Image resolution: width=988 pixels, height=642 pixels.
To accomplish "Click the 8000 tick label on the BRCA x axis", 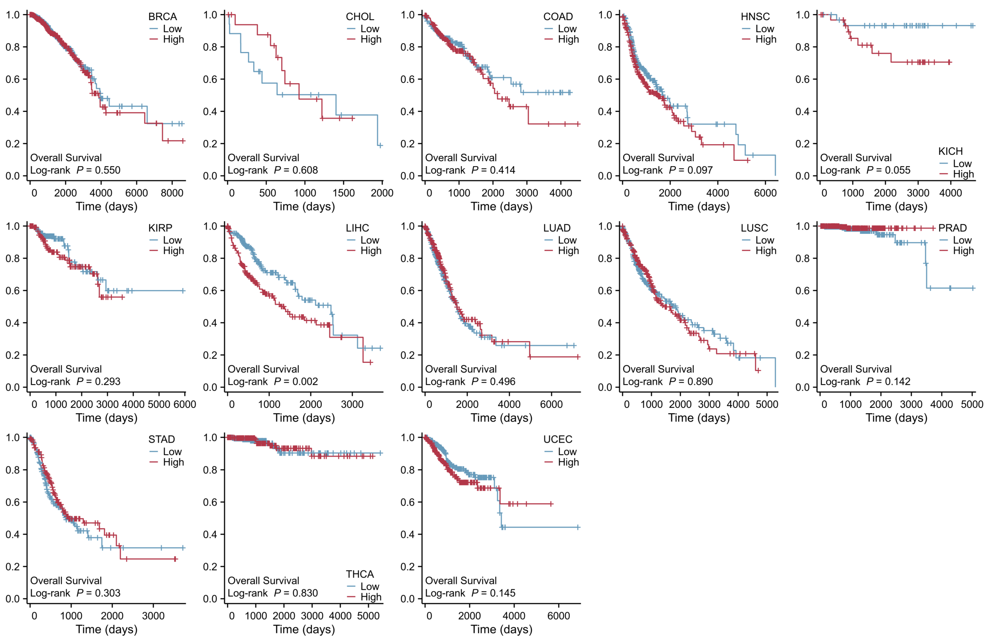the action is pos(172,193).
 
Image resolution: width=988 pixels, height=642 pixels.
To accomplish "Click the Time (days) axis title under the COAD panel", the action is pos(501,207).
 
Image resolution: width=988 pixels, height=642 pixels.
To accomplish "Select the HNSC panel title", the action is pos(755,17).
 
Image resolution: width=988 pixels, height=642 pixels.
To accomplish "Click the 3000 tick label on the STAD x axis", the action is pos(153,616).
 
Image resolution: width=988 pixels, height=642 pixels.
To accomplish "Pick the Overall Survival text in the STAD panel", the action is pos(66,580).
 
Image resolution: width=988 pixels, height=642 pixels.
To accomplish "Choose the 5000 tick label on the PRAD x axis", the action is pos(972,404).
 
